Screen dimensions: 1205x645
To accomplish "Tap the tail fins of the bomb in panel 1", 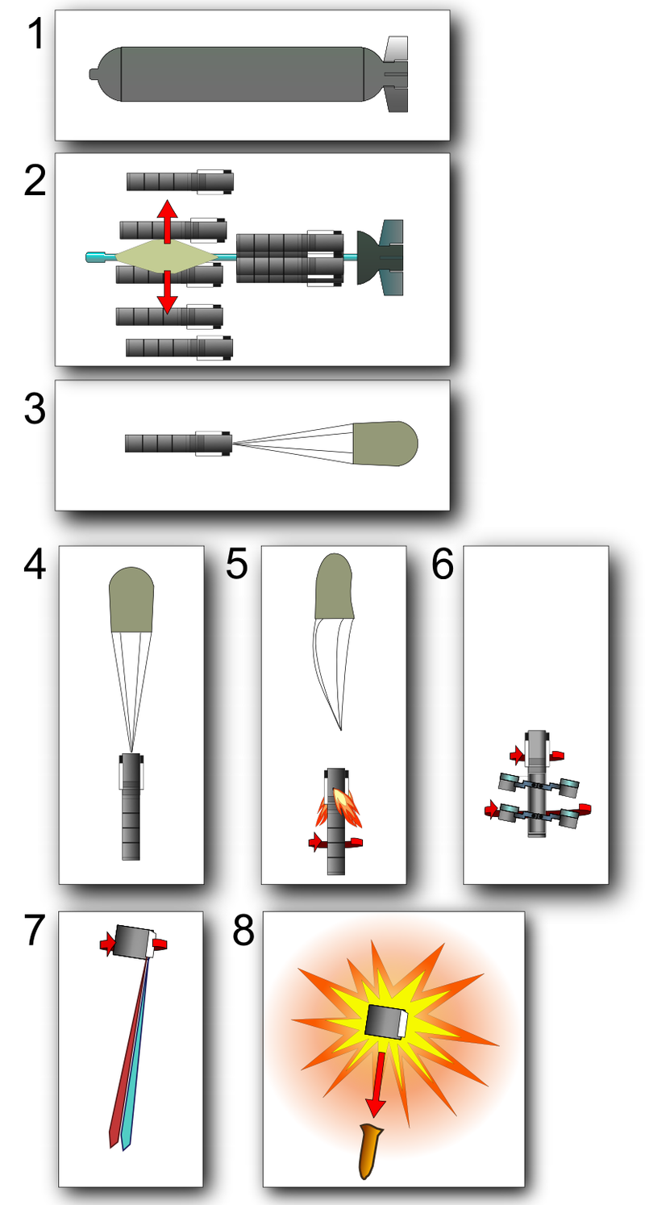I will [x=396, y=74].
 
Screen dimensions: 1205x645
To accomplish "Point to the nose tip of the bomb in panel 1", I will [x=93, y=74].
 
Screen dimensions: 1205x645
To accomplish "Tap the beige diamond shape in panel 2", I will [x=167, y=256].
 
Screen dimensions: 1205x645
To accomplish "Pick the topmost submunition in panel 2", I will [x=180, y=181].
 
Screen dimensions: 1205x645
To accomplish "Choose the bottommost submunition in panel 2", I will [x=180, y=348].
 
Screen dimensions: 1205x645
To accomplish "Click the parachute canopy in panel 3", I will [x=385, y=444].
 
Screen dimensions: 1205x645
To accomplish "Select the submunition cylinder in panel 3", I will [x=177, y=443].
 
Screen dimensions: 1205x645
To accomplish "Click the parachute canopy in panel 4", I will [x=131, y=599].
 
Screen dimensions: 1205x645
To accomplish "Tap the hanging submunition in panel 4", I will [x=131, y=807].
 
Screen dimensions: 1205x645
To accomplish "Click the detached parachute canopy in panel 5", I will [x=334, y=587].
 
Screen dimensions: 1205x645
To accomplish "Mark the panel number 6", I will [x=443, y=565].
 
